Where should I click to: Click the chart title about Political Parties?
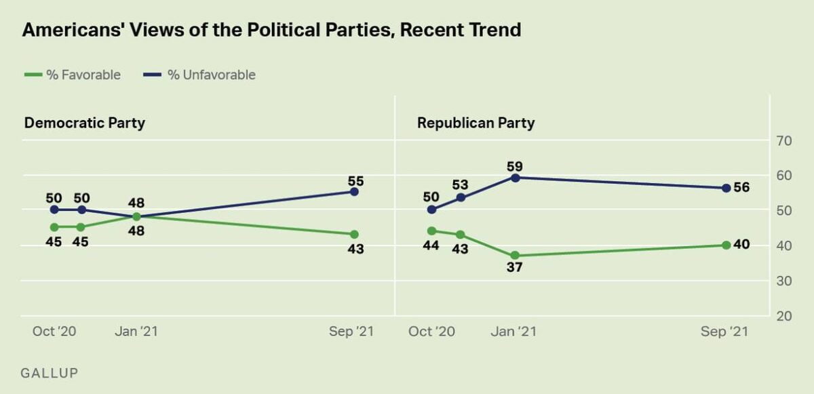coord(271,30)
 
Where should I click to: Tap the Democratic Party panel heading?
coord(85,123)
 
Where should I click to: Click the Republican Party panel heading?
coord(476,123)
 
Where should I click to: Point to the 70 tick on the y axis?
coord(785,140)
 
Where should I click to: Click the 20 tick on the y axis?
coord(785,316)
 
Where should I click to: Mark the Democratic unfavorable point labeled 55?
coord(354,192)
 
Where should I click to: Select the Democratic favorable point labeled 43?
coord(354,234)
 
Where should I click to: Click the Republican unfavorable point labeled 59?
coord(515,178)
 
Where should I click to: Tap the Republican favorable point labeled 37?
coord(515,255)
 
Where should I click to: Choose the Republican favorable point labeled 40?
coord(726,245)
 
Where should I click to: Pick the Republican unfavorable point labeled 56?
coord(726,189)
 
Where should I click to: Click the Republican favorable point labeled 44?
coord(431,231)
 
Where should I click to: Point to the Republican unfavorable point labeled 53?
coord(461,197)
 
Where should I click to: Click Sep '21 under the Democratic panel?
coord(351,332)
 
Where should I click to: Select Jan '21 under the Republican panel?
coord(513,332)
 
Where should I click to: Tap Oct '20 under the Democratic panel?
coord(54,332)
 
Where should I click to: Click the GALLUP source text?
coord(50,373)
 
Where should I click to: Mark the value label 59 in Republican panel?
coord(515,165)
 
